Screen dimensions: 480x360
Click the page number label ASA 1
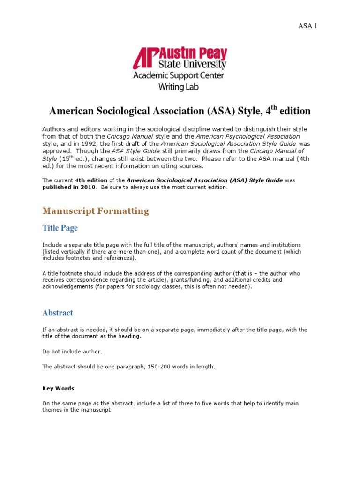coord(308,26)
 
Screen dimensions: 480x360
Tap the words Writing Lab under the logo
coord(178,87)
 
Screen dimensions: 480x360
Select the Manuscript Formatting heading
coord(96,211)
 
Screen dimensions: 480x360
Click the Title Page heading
coord(60,228)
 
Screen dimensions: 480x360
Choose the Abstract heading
coord(58,313)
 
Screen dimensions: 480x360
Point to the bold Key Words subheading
coord(58,389)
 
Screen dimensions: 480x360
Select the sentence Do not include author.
coord(72,352)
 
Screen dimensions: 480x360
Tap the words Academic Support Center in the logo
coord(179,75)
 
